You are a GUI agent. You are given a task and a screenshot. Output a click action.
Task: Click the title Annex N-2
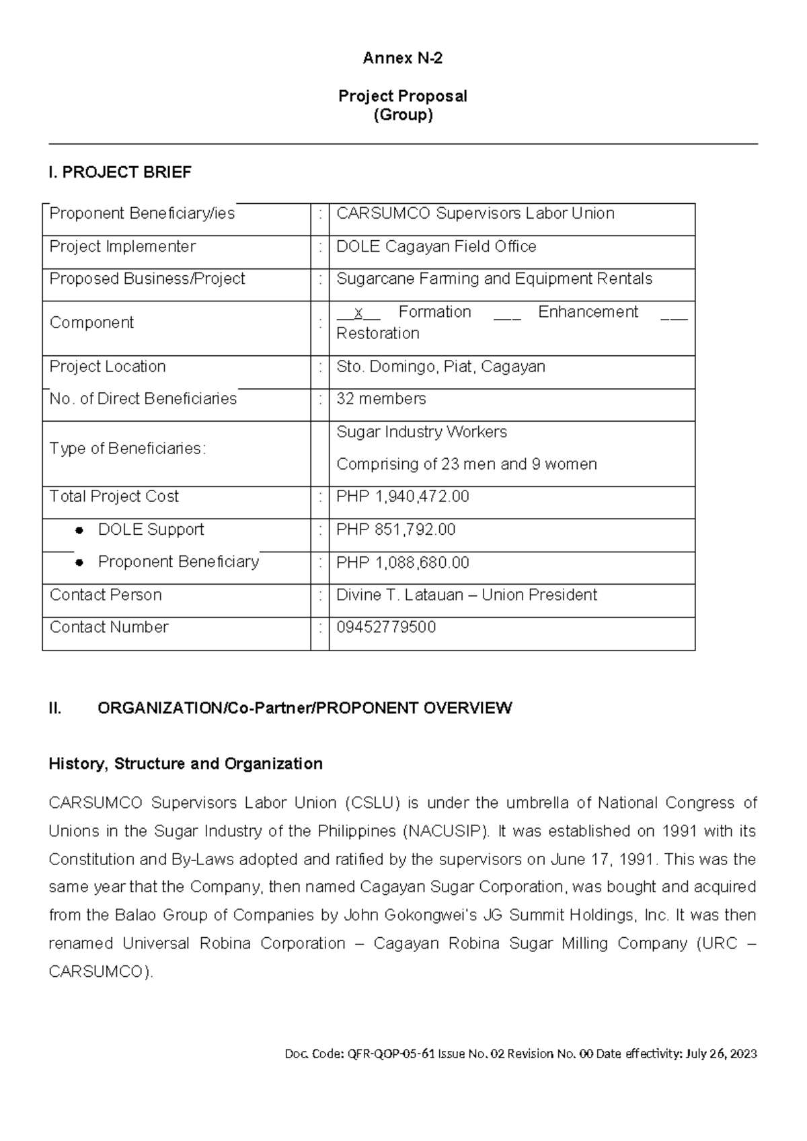[402, 59]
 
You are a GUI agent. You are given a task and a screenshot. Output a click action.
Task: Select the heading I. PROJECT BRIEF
[120, 173]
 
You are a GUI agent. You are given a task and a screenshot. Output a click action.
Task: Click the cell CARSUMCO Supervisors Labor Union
[475, 214]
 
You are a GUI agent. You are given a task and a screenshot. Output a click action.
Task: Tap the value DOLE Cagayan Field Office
[436, 247]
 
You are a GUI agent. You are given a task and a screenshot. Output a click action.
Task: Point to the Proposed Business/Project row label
[147, 279]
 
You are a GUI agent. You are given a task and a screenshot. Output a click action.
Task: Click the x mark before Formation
[359, 313]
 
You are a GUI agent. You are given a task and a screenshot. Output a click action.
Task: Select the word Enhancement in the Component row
[588, 312]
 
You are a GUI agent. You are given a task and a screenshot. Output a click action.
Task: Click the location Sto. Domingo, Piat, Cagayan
[440, 367]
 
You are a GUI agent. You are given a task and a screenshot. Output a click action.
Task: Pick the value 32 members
[381, 399]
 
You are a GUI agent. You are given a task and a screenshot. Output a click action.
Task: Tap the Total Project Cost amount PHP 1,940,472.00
[402, 496]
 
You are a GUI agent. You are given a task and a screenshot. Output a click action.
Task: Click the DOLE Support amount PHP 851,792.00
[395, 530]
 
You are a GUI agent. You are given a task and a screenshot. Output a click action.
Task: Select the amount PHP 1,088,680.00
[402, 562]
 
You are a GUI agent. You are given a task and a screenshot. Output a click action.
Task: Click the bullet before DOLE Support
[79, 530]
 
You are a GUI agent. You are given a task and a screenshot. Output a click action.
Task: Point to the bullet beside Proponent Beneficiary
[79, 562]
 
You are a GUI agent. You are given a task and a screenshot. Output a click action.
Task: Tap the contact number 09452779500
[386, 628]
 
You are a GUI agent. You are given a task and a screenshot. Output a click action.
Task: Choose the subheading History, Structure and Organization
[186, 764]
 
